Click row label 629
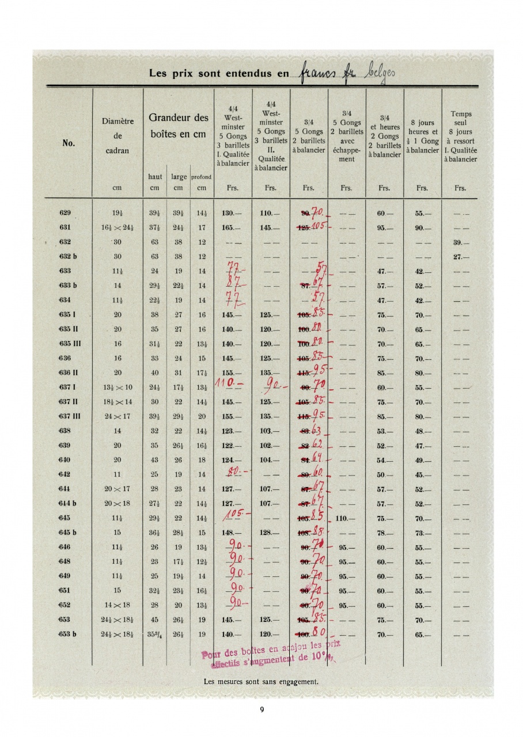pyautogui.click(x=65, y=213)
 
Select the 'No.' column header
pyautogui.click(x=68, y=144)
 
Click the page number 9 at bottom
pyautogui.click(x=261, y=709)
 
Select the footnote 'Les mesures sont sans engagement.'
pyautogui.click(x=261, y=682)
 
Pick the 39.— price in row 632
pyautogui.click(x=460, y=242)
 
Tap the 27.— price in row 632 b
pyautogui.click(x=460, y=256)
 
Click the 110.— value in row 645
pyautogui.click(x=345, y=518)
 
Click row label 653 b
pyautogui.click(x=67, y=634)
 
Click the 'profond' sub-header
pyautogui.click(x=202, y=177)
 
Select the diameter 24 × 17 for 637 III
pyautogui.click(x=118, y=416)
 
